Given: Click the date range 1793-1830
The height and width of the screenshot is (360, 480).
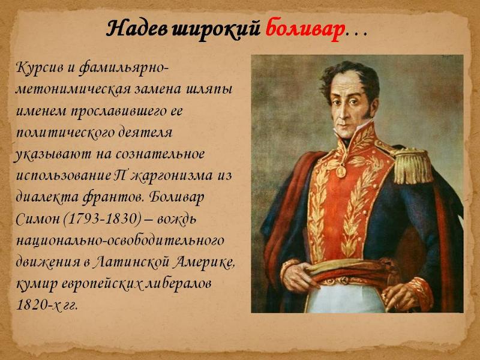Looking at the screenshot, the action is (103, 218).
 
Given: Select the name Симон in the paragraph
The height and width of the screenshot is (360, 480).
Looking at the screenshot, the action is (37, 218).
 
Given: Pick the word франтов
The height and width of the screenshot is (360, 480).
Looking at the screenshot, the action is (112, 197).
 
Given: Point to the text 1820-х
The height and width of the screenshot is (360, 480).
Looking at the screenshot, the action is (36, 305).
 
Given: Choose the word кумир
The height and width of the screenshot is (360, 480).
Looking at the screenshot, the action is (36, 284).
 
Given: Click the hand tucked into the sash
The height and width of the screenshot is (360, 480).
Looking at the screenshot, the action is (298, 275).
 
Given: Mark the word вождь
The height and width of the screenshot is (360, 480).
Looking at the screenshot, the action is (177, 219).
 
